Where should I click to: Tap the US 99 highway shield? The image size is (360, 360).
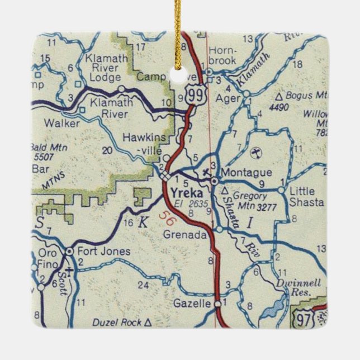(x=195, y=94)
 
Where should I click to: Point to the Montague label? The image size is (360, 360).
(x=239, y=173)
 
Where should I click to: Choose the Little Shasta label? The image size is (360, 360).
(x=306, y=197)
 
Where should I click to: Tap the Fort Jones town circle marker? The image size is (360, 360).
(x=69, y=252)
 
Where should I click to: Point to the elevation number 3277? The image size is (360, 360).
(x=267, y=205)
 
